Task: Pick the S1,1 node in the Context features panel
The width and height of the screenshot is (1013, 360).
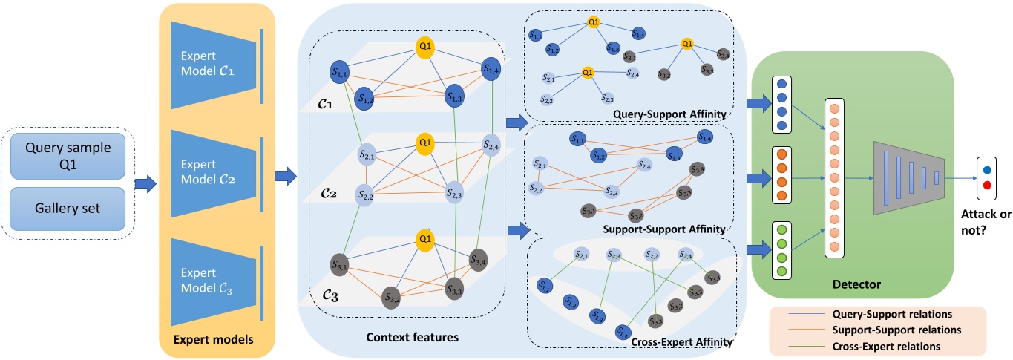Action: pyautogui.click(x=339, y=71)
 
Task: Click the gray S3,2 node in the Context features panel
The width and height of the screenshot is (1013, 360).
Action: pyautogui.click(x=392, y=298)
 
